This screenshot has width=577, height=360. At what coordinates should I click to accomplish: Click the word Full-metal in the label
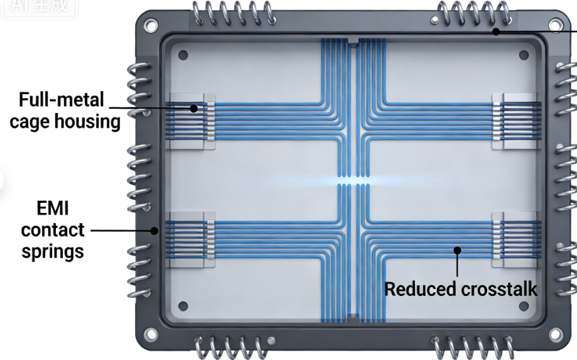[x=61, y=101]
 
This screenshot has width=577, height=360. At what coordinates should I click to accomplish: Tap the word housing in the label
[x=92, y=121]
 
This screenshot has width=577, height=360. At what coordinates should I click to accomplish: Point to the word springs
[x=52, y=251]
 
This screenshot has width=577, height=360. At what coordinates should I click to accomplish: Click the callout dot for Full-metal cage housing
[x=194, y=108]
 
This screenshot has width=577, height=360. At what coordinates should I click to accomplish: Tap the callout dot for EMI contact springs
[x=154, y=230]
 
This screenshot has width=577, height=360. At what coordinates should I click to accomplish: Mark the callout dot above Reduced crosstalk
[x=458, y=250]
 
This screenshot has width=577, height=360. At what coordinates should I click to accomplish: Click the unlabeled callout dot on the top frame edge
[x=495, y=31]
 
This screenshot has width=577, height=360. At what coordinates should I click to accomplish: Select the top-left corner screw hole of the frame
[x=151, y=26]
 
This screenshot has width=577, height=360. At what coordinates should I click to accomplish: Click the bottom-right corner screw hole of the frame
[x=555, y=333]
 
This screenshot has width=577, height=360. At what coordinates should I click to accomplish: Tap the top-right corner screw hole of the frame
[x=555, y=26]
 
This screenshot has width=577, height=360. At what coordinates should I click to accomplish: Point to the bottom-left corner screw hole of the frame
[x=151, y=333]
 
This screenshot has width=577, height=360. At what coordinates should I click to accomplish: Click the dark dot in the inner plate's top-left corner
[x=183, y=55]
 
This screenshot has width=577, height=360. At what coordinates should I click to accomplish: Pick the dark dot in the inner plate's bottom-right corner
[x=523, y=307]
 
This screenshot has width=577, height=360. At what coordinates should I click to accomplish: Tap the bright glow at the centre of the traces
[x=352, y=180]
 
